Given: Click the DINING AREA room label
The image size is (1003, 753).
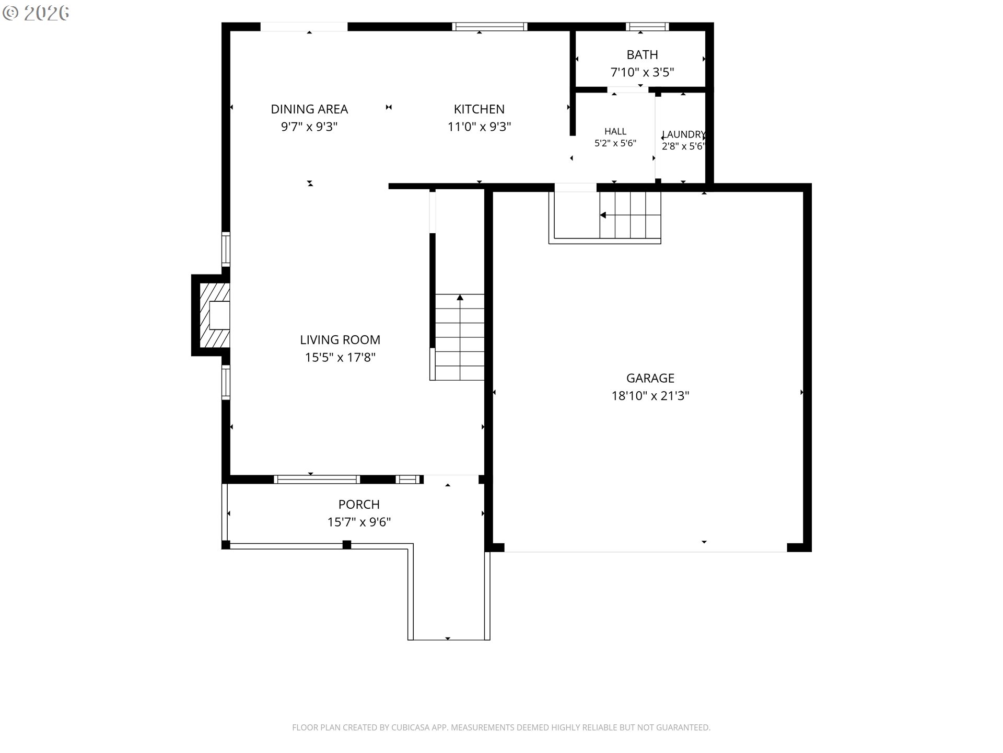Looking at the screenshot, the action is [x=309, y=109].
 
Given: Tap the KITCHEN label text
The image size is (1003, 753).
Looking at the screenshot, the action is [x=479, y=109].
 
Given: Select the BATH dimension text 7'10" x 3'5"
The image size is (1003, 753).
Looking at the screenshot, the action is [x=642, y=72].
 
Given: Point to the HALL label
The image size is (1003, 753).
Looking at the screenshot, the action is [x=615, y=131].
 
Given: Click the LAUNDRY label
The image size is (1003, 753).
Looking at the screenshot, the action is [x=683, y=134].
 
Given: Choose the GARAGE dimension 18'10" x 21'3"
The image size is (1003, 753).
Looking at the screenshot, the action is [x=650, y=396].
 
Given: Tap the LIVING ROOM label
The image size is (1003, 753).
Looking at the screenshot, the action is [x=340, y=340].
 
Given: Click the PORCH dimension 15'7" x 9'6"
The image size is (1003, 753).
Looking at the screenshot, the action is [x=359, y=522].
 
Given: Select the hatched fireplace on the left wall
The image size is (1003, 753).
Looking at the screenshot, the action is [x=215, y=315].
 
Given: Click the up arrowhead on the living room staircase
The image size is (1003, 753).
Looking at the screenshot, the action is [x=460, y=298].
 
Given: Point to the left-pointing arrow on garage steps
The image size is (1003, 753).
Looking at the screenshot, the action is [x=603, y=215].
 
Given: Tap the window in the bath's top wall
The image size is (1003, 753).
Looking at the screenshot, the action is [x=647, y=27].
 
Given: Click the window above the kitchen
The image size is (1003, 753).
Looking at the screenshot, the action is [x=489, y=27].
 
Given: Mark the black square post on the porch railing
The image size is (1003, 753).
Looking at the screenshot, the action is [x=346, y=544].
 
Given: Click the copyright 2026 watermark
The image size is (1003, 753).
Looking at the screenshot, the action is [x=36, y=13].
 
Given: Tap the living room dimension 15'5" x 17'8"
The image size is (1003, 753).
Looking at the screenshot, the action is [x=340, y=358].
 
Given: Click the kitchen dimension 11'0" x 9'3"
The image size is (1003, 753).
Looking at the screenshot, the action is [x=479, y=127].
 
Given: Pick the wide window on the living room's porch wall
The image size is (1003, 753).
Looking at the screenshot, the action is [x=317, y=479].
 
